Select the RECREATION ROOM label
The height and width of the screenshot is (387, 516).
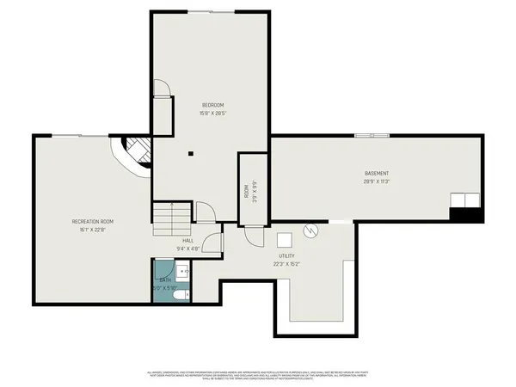click(93, 222)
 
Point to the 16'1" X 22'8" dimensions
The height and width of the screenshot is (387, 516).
click(93, 230)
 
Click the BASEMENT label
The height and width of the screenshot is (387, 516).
click(377, 174)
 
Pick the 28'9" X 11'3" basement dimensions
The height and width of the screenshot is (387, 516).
click(377, 181)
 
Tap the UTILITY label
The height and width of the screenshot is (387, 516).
click(286, 256)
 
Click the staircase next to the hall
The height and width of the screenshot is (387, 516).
click(171, 218)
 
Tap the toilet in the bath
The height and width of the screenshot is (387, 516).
click(178, 296)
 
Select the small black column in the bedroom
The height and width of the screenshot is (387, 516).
click(192, 154)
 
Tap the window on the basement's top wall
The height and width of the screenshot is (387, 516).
click(371, 135)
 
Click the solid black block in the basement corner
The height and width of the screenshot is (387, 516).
click(465, 215)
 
